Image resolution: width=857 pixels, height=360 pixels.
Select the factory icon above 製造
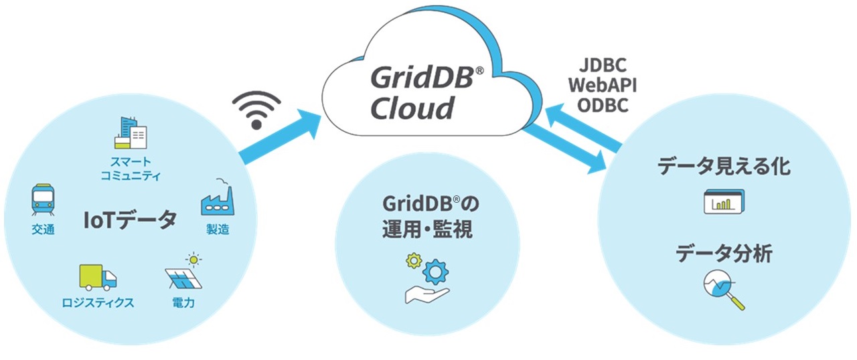click(217, 197)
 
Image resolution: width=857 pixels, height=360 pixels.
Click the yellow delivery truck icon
click(98, 277)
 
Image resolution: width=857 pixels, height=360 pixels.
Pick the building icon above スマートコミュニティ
click(129, 134)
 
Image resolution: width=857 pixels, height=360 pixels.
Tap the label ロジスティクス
click(98, 302)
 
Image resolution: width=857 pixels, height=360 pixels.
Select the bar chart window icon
click(724, 201)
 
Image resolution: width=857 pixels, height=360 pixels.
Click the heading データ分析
click(724, 254)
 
